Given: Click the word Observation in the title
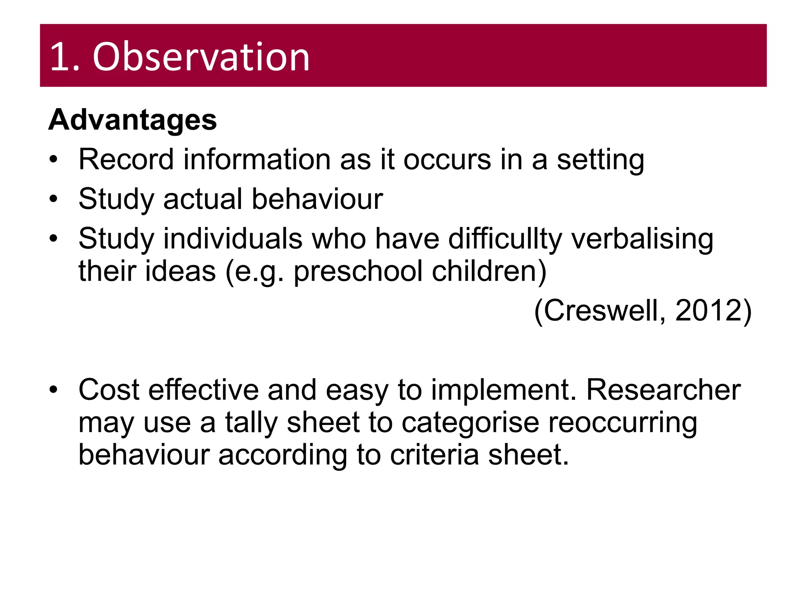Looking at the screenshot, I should click(201, 57).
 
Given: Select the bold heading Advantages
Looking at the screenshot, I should click(132, 120).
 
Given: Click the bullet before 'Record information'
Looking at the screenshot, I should click(54, 159).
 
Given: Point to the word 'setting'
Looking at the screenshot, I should click(600, 160).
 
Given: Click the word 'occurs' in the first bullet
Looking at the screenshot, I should click(447, 159).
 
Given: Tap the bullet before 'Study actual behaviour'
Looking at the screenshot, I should click(54, 199).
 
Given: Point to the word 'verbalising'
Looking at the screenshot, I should click(642, 239).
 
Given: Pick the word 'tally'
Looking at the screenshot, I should click(251, 423).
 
